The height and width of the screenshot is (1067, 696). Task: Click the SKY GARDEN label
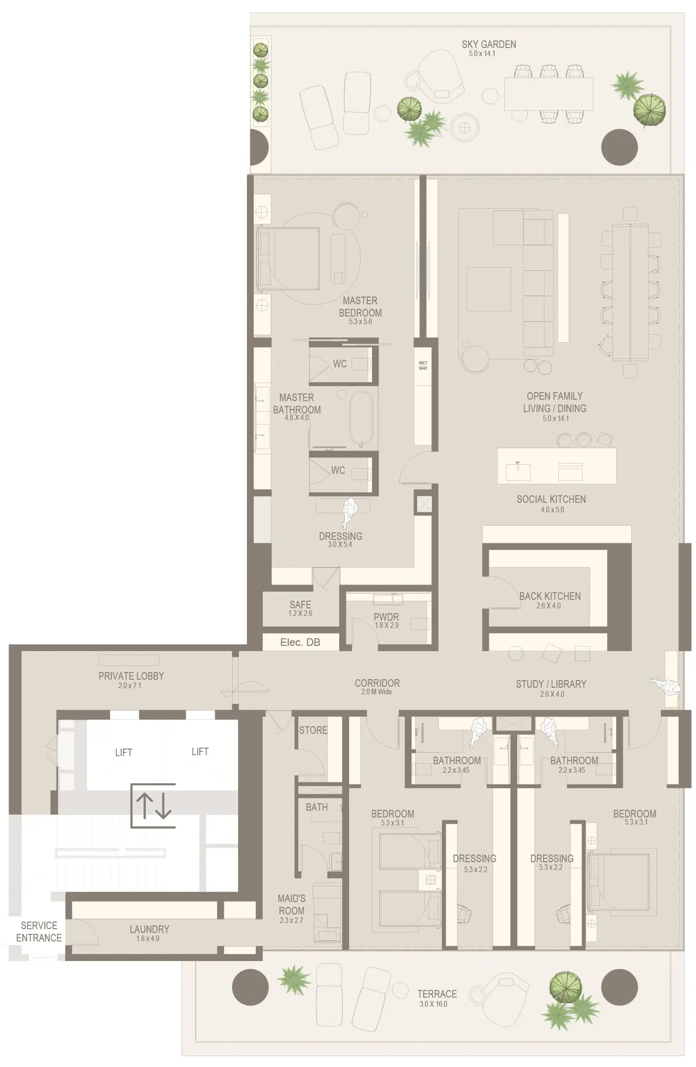pyautogui.click(x=488, y=44)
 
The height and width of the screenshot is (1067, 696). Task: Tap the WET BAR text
pyautogui.click(x=422, y=365)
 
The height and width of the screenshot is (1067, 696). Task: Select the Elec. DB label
pyautogui.click(x=300, y=643)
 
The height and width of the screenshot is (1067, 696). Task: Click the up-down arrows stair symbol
pyautogui.click(x=153, y=806)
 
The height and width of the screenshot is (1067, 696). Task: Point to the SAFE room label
pyautogui.click(x=300, y=605)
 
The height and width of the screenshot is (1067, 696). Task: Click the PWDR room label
pyautogui.click(x=386, y=617)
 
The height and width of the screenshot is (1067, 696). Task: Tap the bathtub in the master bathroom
pyautogui.click(x=361, y=418)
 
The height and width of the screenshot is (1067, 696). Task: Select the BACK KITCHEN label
pyautogui.click(x=549, y=596)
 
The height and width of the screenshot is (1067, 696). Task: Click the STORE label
pyautogui.click(x=313, y=730)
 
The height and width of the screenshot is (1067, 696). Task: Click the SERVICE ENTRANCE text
pyautogui.click(x=38, y=932)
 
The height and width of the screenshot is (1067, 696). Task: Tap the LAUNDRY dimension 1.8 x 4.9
pyautogui.click(x=148, y=939)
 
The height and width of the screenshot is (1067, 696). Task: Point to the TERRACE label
pyautogui.click(x=437, y=994)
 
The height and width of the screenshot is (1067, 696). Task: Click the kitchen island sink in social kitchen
pyautogui.click(x=518, y=471)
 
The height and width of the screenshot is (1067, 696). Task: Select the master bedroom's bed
pyautogui.click(x=288, y=259)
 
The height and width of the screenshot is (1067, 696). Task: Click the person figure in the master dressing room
pyautogui.click(x=351, y=512)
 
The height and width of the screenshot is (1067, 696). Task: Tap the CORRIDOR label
pyautogui.click(x=377, y=683)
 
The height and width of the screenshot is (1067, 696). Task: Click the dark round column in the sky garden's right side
pyautogui.click(x=619, y=147)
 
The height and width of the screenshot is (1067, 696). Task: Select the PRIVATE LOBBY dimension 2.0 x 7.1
pyautogui.click(x=129, y=686)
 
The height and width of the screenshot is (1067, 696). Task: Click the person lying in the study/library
pyautogui.click(x=665, y=686)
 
